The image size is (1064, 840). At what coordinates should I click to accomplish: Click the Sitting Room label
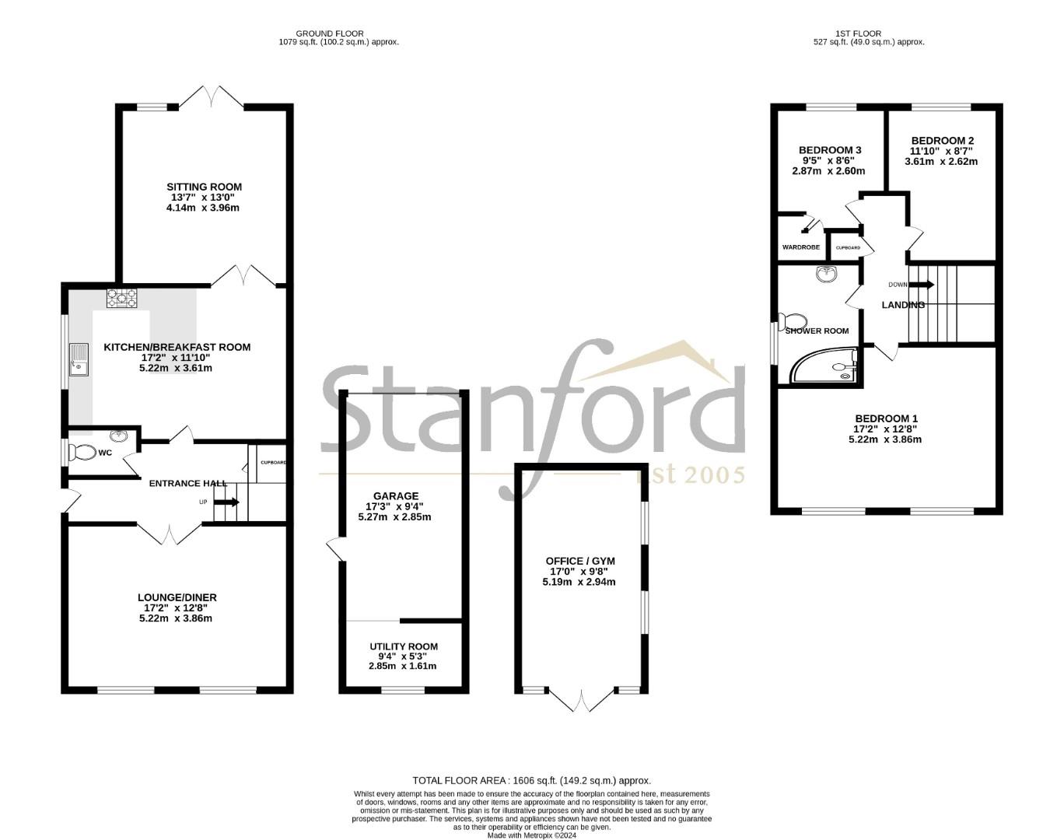204,187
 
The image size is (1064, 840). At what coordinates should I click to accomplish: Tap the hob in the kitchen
122,297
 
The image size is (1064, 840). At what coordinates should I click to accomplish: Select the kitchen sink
79,359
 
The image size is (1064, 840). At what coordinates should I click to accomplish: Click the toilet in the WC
82,452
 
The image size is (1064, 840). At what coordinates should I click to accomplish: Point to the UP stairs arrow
228,502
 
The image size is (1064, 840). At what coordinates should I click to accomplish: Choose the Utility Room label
404,646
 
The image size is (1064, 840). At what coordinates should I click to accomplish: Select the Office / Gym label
580,560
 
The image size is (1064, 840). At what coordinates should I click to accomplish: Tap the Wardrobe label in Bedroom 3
801,247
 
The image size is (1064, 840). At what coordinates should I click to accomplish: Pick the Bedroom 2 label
943,140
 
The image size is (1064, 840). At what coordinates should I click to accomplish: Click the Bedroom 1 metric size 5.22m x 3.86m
885,439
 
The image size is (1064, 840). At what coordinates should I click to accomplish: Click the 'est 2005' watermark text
691,474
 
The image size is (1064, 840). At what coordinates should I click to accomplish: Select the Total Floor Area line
531,780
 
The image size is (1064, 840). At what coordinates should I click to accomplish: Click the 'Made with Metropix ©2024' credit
531,836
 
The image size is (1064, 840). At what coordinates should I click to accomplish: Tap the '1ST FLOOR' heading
859,33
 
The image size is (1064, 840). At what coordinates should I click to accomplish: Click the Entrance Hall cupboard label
273,463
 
